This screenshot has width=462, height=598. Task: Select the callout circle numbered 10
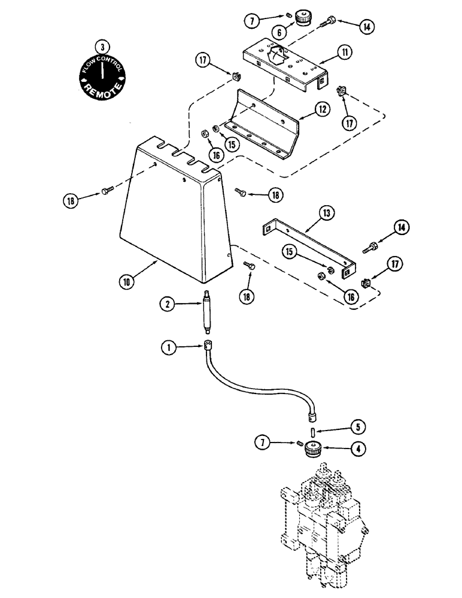click(x=127, y=280)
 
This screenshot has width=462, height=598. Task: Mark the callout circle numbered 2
click(x=169, y=304)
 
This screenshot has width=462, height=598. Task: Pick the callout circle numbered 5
click(x=358, y=428)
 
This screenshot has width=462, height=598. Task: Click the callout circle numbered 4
click(x=358, y=446)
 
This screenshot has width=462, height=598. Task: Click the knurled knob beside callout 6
click(x=303, y=20)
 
